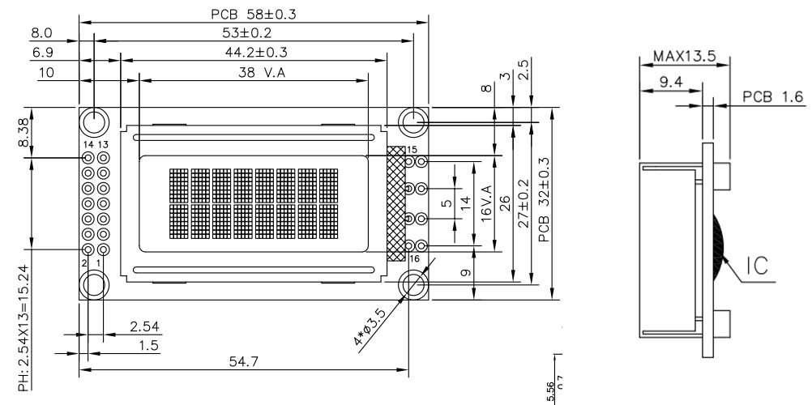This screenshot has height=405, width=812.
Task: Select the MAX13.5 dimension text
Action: click(x=683, y=58)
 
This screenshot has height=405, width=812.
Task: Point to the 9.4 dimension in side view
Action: click(x=669, y=81)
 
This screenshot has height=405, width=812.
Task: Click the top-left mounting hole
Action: click(x=94, y=122)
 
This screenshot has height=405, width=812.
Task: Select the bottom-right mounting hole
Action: click(x=414, y=283)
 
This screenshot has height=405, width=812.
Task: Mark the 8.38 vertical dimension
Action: click(x=24, y=131)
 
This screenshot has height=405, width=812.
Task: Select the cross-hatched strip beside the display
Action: click(x=396, y=203)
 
